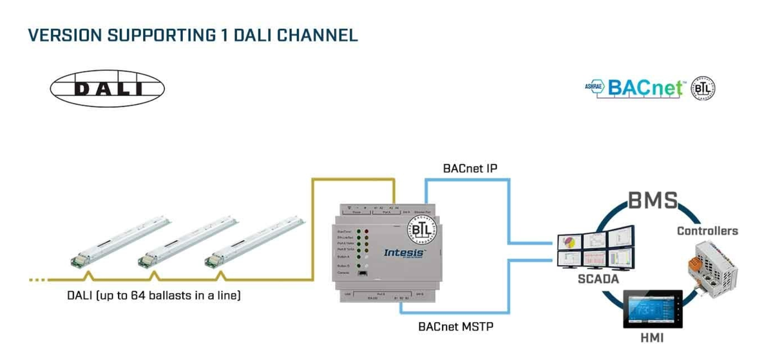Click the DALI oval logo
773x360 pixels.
point(108,89)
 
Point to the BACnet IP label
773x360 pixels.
point(470,169)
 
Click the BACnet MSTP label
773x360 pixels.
point(455,327)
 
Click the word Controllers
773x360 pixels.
point(707,231)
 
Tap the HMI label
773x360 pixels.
point(653,337)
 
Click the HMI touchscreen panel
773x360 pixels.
point(653,307)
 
